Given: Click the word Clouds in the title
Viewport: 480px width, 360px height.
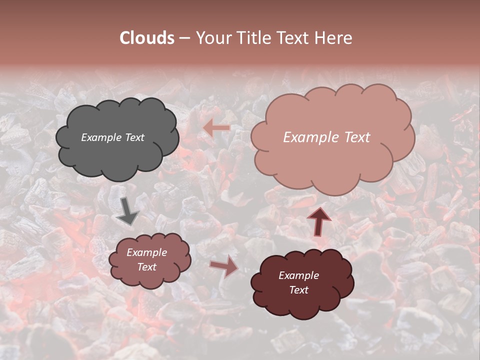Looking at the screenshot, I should click(x=147, y=38).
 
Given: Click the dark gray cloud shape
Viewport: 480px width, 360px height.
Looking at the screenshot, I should click(x=117, y=160).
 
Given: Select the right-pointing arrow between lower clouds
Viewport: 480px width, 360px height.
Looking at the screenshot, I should click(x=224, y=265).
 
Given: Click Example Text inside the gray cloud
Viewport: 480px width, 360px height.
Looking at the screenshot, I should click(x=112, y=137).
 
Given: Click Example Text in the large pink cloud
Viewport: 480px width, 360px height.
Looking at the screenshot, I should click(x=326, y=137).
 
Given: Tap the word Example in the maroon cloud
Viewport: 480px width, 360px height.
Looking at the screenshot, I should click(x=298, y=275).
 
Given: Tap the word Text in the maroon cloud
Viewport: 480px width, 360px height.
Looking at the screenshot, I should click(x=298, y=290).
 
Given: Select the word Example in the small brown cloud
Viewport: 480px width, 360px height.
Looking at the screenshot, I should click(x=146, y=252).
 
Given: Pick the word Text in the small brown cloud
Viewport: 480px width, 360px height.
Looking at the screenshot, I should click(x=146, y=267).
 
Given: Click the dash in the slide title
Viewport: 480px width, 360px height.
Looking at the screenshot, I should click(x=184, y=38).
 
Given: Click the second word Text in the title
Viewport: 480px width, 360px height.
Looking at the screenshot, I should click(x=292, y=38).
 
